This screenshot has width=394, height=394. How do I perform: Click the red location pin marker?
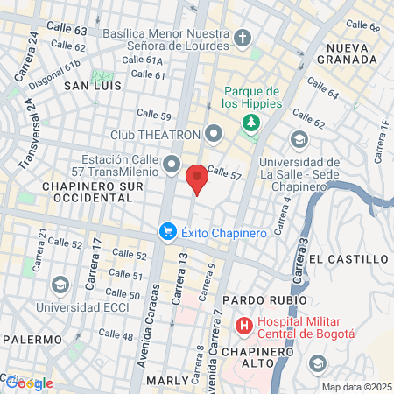pos(198,179)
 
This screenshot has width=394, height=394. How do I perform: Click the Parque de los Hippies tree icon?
pos(251,121)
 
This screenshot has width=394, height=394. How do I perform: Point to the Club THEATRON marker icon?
pos(215,135)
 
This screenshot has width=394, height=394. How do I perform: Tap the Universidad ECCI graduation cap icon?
pos(60,285)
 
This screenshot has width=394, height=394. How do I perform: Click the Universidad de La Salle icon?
pos(299,140)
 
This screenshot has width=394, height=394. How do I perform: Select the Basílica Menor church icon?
pos(243,39)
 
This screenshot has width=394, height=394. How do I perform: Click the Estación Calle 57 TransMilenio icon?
pos(172,164)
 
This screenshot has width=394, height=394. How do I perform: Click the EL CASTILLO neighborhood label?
pos(348,259)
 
